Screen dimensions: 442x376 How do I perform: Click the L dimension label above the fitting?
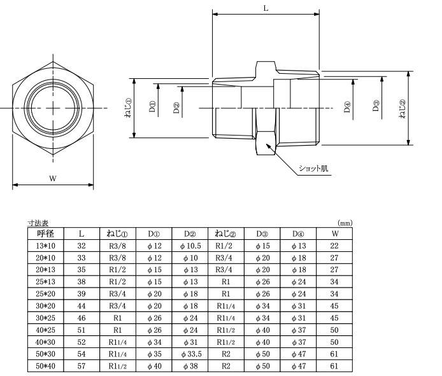click(x=266, y=8)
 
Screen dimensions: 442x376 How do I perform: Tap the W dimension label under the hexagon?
click(x=53, y=178)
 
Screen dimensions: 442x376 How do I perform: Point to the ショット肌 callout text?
click(x=313, y=169)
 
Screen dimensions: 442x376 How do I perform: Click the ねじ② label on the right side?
click(x=403, y=109)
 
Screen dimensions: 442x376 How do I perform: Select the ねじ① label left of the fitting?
click(x=128, y=108)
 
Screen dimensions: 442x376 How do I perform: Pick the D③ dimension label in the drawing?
click(x=376, y=106)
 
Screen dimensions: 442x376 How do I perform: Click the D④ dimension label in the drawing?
click(x=347, y=107)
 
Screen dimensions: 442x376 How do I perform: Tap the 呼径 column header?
click(x=46, y=233)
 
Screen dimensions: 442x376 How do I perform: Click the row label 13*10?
click(x=46, y=246)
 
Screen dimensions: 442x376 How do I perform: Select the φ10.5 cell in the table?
click(x=190, y=246)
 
